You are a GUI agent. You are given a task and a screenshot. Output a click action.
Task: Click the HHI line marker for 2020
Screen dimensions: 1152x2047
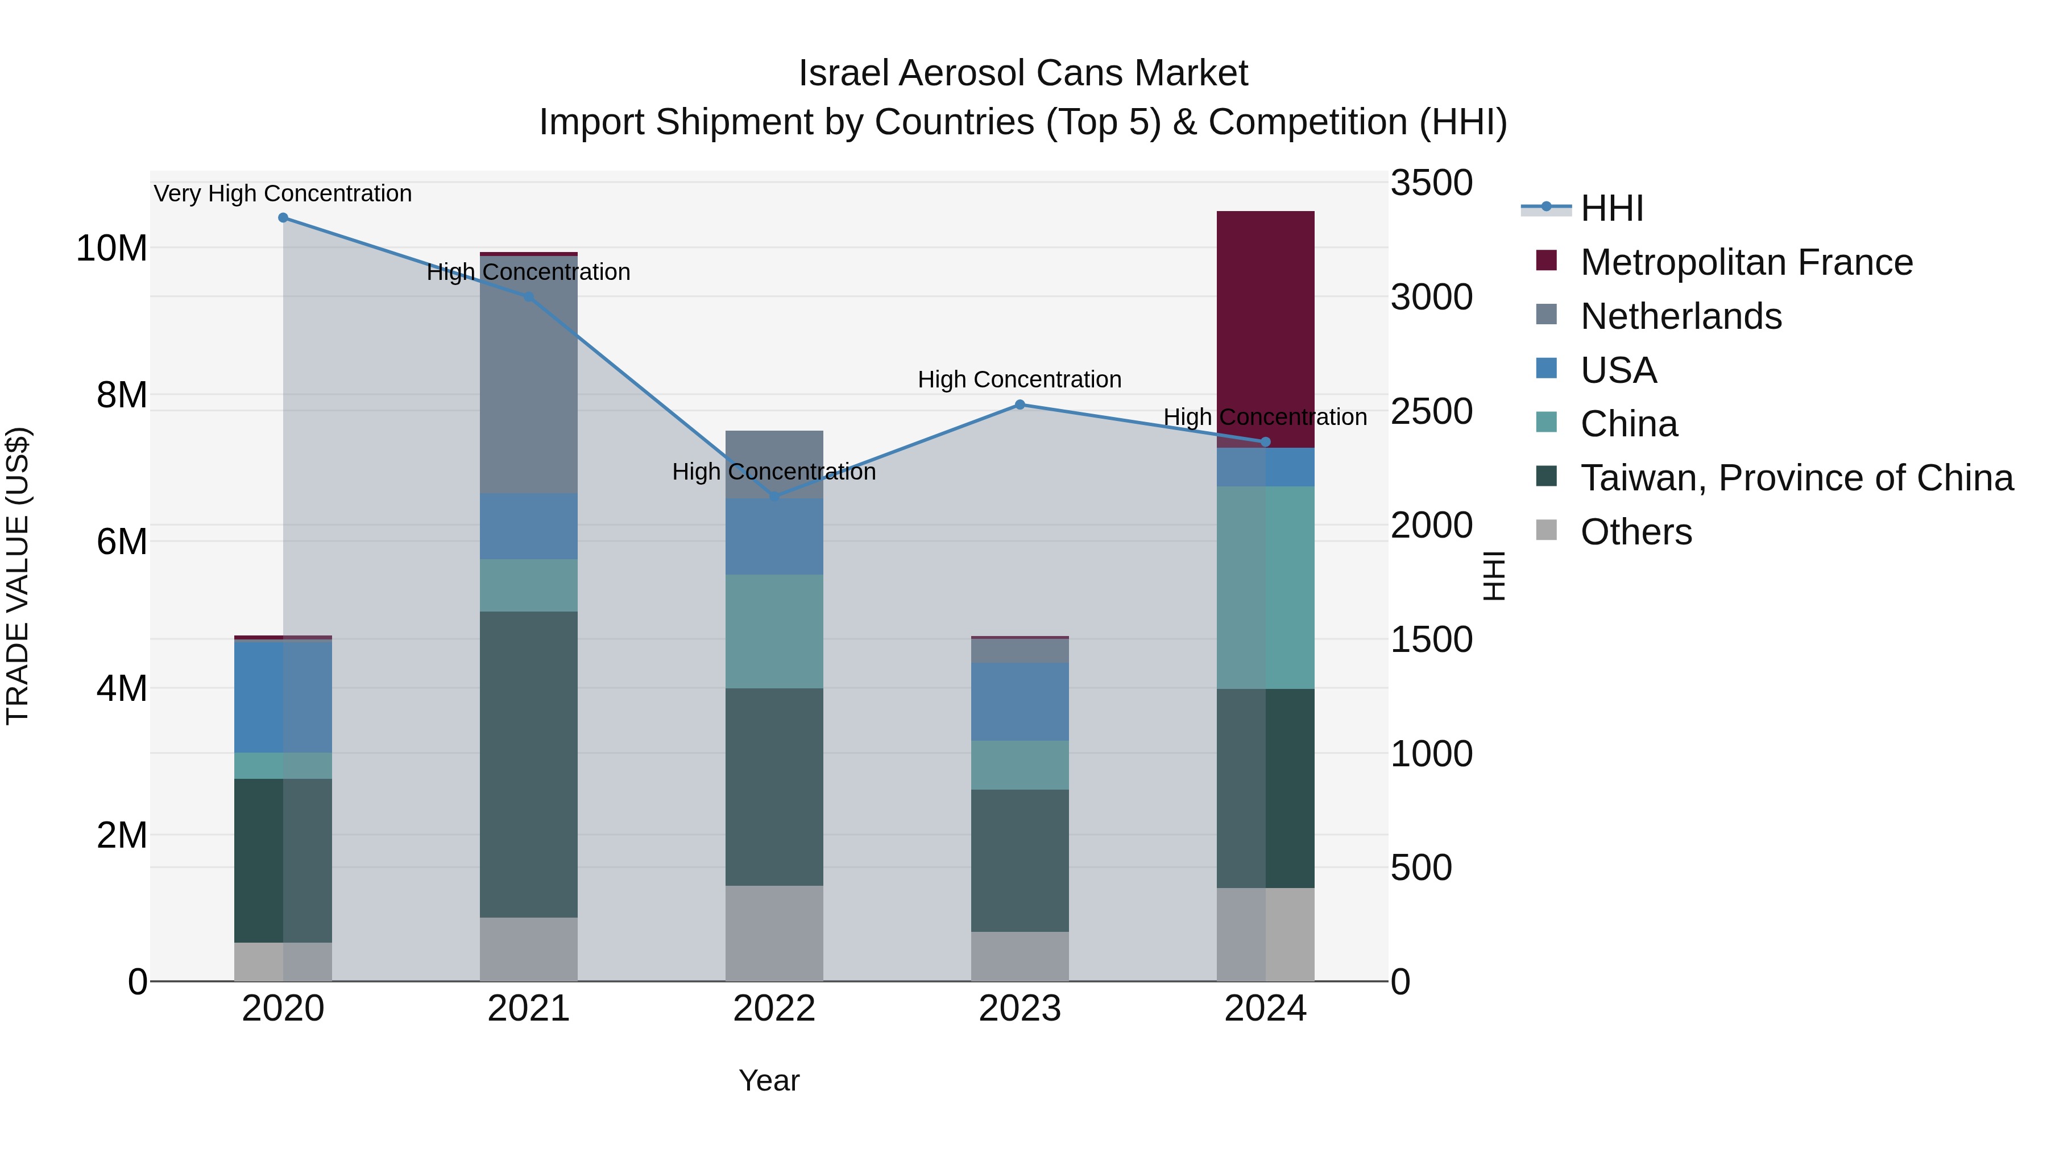click(283, 218)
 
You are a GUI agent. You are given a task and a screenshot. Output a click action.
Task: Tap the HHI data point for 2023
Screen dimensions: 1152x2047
click(1020, 404)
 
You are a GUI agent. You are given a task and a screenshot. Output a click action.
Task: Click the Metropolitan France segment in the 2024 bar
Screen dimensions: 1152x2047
click(1265, 329)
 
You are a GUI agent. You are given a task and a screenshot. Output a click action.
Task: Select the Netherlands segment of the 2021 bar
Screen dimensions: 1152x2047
click(528, 374)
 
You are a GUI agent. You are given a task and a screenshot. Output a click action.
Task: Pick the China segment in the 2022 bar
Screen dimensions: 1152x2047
click(774, 631)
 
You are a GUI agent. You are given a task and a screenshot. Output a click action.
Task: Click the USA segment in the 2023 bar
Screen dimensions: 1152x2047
click(1020, 702)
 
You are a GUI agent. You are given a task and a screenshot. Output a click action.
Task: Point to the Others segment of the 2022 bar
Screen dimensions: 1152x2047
click(774, 934)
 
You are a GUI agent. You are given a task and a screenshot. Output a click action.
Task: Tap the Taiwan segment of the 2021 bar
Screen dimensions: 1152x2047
click(528, 764)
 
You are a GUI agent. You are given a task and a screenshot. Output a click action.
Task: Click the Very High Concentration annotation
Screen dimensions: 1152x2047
click(283, 194)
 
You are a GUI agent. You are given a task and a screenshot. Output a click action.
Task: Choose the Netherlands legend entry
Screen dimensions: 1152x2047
click(1681, 316)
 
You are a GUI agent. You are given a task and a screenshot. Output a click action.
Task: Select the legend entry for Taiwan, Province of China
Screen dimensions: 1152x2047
click(1796, 478)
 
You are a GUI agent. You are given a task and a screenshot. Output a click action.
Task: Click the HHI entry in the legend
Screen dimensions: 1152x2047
click(1611, 208)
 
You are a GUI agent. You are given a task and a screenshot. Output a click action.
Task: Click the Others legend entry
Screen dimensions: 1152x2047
click(1635, 532)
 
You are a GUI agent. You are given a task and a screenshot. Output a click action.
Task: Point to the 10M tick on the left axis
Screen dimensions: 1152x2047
click(111, 249)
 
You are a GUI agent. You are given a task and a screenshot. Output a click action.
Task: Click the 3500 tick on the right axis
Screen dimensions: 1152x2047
click(1431, 183)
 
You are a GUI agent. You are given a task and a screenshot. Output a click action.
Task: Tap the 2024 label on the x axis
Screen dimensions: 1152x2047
click(1265, 1009)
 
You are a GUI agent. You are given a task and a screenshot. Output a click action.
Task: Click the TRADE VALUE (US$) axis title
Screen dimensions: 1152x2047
click(18, 576)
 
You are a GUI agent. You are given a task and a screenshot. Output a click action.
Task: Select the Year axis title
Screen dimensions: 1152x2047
click(768, 1080)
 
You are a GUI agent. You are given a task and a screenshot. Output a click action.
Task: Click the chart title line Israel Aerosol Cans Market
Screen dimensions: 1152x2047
click(1023, 73)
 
